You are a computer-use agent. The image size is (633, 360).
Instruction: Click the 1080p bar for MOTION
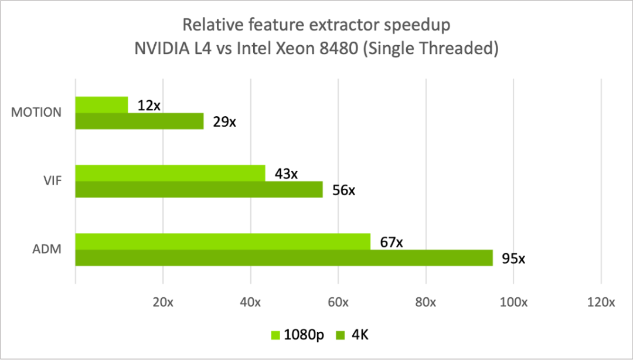pos(101,105)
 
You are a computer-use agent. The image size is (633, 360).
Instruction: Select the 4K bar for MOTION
pos(139,121)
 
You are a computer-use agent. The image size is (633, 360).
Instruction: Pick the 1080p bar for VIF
pos(170,174)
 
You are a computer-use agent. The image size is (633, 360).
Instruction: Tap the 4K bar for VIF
pos(199,189)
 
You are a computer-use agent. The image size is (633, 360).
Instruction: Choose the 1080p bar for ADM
pos(223,242)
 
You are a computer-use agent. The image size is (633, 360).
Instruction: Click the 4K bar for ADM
pos(284,258)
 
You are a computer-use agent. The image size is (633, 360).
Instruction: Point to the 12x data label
pos(149,106)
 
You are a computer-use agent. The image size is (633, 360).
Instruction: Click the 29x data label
pos(224,122)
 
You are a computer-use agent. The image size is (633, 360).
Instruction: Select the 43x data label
pos(286,174)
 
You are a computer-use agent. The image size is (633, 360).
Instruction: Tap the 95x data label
pos(513,259)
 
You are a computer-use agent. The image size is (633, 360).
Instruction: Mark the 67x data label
pos(391,242)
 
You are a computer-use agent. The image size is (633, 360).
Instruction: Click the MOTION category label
pos(36,113)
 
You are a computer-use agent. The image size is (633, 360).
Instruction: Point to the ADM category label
pos(47,250)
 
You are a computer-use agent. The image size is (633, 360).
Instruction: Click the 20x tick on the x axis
pos(162,303)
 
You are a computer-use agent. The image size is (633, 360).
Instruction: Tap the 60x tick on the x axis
pos(338,303)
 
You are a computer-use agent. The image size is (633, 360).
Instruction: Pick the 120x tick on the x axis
pos(601,303)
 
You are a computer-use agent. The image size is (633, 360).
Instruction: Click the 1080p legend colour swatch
pos(275,335)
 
